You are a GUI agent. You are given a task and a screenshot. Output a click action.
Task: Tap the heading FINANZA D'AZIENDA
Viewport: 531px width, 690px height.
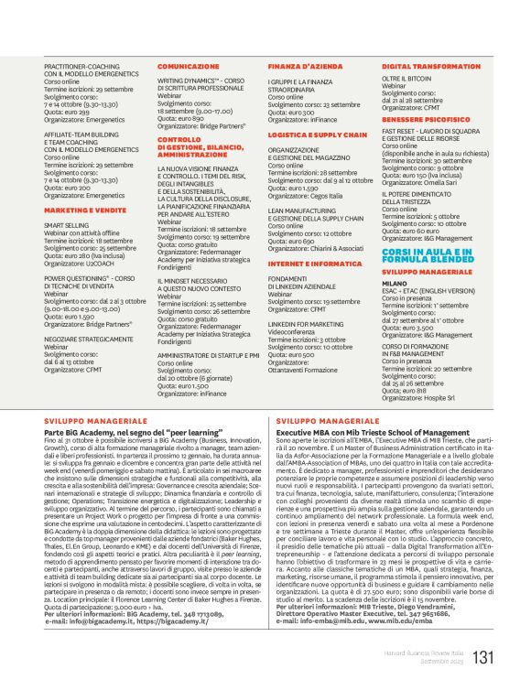point(298,68)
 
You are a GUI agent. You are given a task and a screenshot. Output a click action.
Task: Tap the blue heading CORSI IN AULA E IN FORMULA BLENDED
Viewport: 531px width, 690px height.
point(428,254)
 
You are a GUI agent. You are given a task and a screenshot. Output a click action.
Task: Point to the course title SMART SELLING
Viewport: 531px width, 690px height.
point(66,224)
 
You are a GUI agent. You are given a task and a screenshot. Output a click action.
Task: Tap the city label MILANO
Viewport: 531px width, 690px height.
point(394,285)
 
